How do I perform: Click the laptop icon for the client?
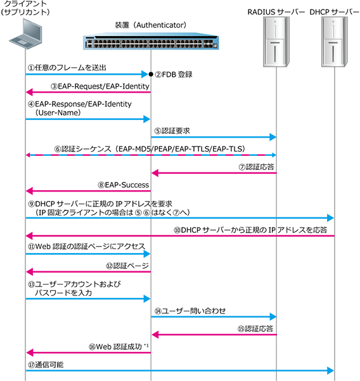tap(25, 34)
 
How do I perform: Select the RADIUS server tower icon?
tap(276, 42)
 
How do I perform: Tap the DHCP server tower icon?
tap(335, 42)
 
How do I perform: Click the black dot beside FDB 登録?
tap(151, 74)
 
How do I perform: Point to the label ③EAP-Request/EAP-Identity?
tap(100, 86)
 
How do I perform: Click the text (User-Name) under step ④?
tap(58, 113)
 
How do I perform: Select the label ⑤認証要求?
tap(172, 131)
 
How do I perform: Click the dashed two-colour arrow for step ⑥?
tap(151, 155)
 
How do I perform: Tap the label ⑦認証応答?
tap(256, 167)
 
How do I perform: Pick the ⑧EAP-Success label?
tap(123, 185)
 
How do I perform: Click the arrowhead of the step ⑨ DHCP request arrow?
tap(330, 218)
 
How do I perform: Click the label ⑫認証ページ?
tap(127, 266)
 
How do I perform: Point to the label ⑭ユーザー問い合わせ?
tap(190, 311)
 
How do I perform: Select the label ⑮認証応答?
tap(255, 328)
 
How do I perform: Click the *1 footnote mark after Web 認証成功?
tap(146, 345)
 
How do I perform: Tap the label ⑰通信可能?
tap(46, 365)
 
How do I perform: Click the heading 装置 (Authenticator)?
tap(150, 25)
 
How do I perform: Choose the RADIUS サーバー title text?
tap(276, 12)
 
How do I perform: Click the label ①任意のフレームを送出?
tap(67, 68)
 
